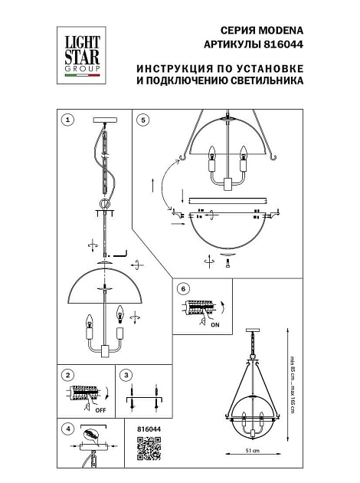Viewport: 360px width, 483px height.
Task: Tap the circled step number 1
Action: point(69,120)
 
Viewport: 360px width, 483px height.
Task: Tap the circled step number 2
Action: point(69,375)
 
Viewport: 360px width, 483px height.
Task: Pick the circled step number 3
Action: point(127,375)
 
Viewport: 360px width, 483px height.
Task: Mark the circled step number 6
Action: point(182,288)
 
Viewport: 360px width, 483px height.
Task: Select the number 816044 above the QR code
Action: point(148,430)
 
